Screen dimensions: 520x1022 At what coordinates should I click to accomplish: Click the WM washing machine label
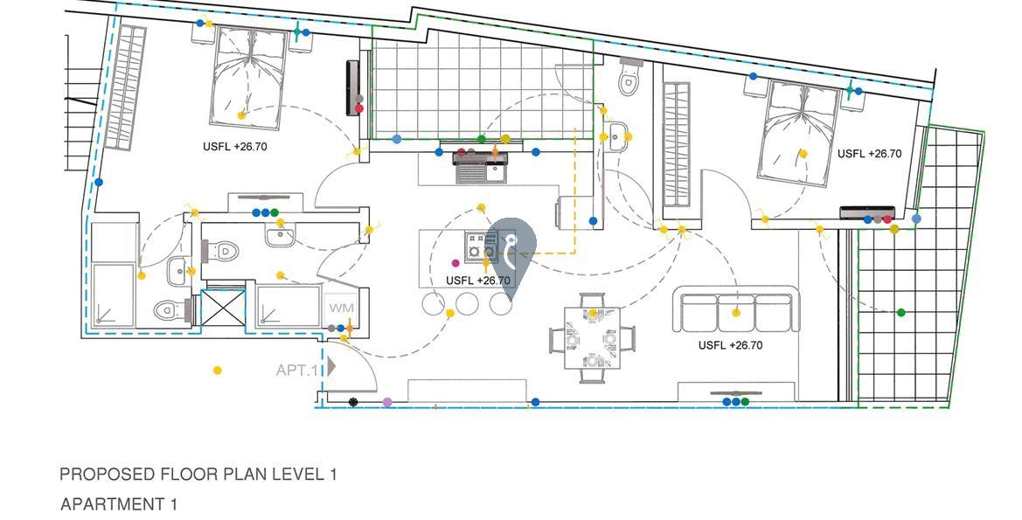pos(340,309)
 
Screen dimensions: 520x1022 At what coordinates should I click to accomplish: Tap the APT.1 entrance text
pos(298,370)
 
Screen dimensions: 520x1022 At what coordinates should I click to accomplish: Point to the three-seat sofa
pos(736,311)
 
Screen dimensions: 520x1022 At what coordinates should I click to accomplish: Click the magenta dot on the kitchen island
pos(455,262)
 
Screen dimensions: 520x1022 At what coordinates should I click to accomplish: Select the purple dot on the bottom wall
pos(387,402)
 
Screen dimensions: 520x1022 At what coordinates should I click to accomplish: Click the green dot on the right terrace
pos(901,312)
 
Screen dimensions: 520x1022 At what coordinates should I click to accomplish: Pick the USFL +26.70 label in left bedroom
pos(235,147)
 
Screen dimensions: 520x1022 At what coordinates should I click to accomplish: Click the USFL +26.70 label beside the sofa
pos(730,345)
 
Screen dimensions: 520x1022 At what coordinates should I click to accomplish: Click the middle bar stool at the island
pos(467,304)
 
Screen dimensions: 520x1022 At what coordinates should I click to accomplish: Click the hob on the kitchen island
pos(480,247)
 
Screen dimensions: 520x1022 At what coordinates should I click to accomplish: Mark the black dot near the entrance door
pos(352,402)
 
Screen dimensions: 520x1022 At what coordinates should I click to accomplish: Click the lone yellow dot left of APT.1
pos(217,371)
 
